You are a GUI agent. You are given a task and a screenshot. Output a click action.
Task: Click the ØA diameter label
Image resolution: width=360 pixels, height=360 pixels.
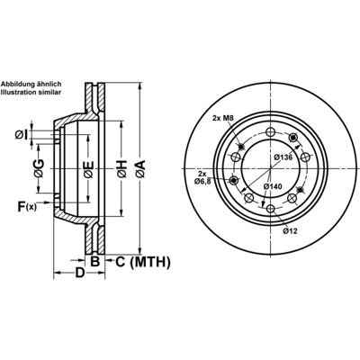click(140, 169)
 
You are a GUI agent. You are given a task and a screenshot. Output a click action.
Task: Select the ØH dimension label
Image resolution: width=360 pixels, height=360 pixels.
click(121, 169)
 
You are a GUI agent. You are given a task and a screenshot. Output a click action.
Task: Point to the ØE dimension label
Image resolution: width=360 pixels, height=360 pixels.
click(89, 170)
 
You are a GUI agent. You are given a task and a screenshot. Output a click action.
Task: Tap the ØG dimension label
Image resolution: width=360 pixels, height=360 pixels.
click(39, 168)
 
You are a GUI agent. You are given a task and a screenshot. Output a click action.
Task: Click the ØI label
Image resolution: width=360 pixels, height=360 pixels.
click(22, 135)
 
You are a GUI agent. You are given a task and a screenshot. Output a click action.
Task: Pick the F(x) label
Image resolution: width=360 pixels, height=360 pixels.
click(27, 207)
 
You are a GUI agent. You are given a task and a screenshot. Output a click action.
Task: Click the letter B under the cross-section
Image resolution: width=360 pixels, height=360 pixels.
click(94, 262)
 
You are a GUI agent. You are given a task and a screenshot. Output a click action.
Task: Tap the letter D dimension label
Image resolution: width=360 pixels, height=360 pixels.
click(79, 273)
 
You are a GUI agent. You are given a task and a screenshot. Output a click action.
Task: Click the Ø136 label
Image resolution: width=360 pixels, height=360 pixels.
click(283, 157)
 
